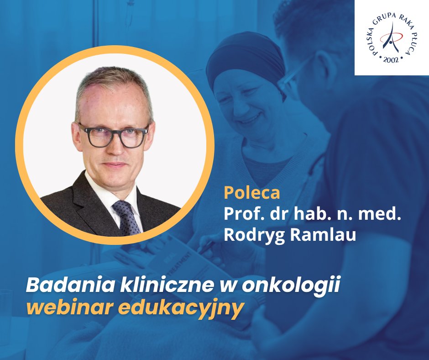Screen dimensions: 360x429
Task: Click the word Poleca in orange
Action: tap(251, 193)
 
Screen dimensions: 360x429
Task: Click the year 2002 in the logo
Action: tap(391, 59)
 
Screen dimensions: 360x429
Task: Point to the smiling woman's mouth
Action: tap(249, 120)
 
